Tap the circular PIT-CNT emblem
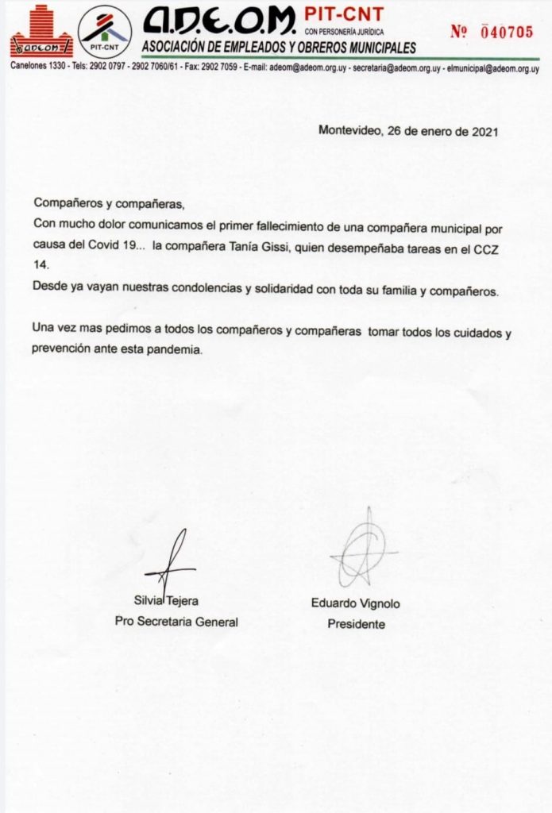point(105,32)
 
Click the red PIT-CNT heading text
point(344,13)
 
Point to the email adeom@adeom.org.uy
point(307,68)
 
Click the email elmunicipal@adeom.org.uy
point(493,68)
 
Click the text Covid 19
point(116,247)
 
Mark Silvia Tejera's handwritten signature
point(171,562)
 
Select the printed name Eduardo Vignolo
point(355,604)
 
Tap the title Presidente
point(356,624)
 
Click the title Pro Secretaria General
point(176,622)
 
